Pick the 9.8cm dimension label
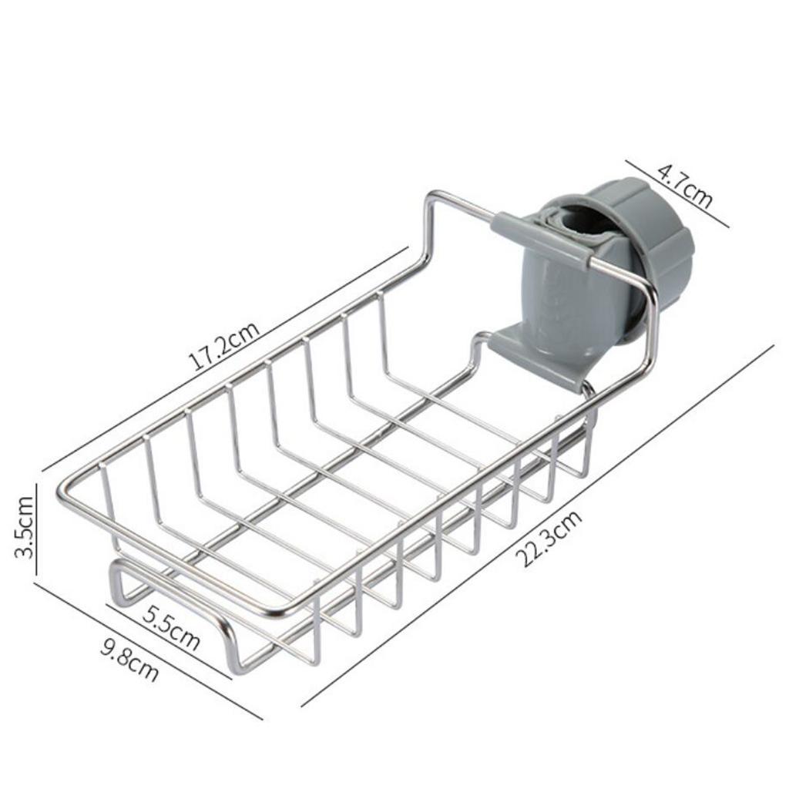(x=129, y=660)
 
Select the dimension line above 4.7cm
(x=677, y=193)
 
